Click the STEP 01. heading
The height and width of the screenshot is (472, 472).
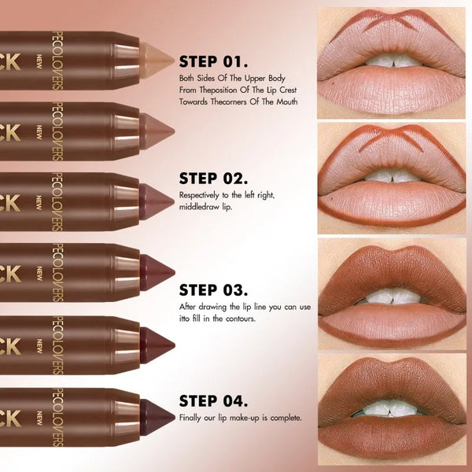[x=214, y=61]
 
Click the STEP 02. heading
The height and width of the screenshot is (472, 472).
[x=214, y=178]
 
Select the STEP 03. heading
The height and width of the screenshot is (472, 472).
[x=214, y=289]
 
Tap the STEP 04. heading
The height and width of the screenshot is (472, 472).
[x=214, y=400]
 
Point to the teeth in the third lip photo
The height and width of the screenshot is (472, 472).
[x=390, y=297]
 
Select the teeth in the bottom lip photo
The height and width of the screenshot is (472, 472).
[x=391, y=409]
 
